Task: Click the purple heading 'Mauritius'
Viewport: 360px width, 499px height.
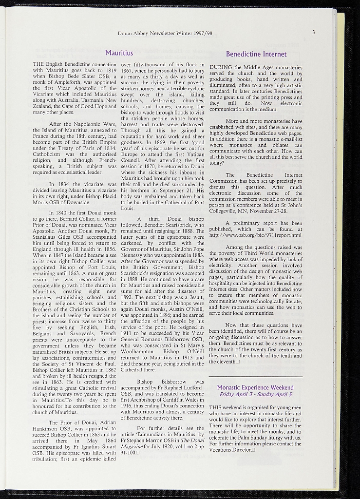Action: pyautogui.click(x=119, y=53)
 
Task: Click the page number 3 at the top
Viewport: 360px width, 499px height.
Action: pyautogui.click(x=314, y=33)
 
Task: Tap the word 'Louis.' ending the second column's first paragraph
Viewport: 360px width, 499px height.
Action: pyautogui.click(x=127, y=207)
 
